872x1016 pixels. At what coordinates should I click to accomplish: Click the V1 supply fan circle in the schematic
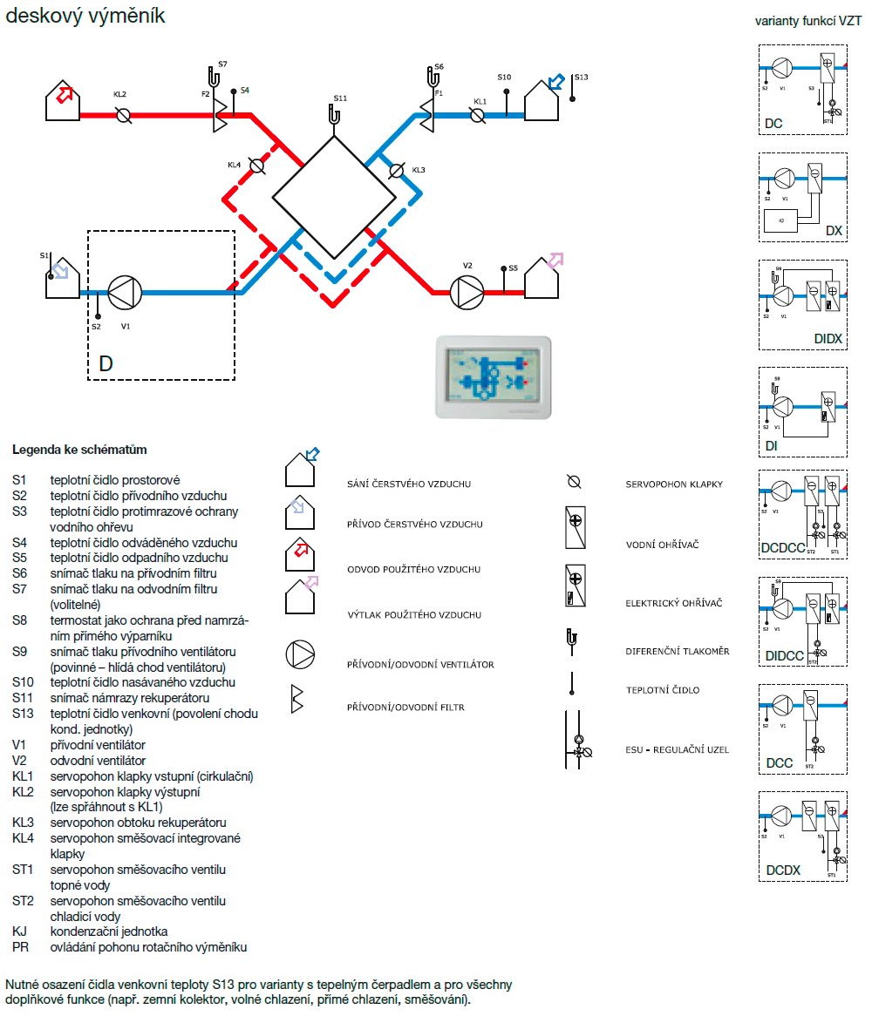(125, 293)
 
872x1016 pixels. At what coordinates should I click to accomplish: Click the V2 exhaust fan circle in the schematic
(467, 293)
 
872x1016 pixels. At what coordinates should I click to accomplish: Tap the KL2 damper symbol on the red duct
(124, 114)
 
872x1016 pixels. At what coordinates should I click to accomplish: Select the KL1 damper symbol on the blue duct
(477, 114)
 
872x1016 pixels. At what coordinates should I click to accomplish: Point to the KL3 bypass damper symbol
(397, 171)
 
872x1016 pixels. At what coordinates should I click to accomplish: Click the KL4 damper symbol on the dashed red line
(256, 166)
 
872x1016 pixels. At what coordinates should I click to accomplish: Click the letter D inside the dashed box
(106, 363)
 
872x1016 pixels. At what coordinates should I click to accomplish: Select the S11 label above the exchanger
(340, 98)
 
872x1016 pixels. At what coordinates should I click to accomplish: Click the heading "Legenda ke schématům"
(79, 450)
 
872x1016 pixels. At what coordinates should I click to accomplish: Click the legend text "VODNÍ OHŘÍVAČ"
(662, 545)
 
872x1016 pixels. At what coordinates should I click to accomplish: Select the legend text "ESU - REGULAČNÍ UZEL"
(677, 749)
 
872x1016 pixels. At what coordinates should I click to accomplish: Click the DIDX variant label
(828, 338)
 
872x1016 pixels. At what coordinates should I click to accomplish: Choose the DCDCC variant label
(784, 548)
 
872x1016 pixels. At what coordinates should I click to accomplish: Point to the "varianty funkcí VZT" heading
(808, 21)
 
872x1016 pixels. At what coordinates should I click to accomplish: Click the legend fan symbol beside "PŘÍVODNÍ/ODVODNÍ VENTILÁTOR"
(299, 654)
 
